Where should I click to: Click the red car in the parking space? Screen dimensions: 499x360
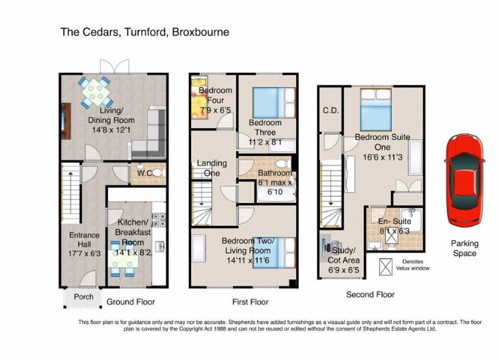(x=465, y=180)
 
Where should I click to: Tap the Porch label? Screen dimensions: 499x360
(x=84, y=297)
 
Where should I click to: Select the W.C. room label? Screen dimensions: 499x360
(x=146, y=173)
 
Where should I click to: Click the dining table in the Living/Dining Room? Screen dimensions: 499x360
(x=96, y=92)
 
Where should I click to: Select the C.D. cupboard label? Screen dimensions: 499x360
(x=330, y=111)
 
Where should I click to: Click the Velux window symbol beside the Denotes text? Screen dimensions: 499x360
(x=386, y=267)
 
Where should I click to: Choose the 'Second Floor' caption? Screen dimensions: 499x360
(x=370, y=295)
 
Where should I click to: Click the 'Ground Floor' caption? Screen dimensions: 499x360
(x=131, y=302)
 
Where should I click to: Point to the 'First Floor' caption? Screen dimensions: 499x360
(x=250, y=302)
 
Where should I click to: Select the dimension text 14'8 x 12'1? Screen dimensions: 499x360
(x=111, y=130)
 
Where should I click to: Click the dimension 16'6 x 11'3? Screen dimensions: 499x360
(x=383, y=157)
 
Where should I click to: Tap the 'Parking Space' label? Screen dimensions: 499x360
(x=465, y=248)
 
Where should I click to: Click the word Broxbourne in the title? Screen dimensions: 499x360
(x=200, y=32)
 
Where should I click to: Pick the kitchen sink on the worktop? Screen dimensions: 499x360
(x=160, y=246)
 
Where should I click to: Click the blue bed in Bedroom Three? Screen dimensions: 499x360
(x=274, y=103)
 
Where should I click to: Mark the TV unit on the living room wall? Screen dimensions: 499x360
(x=66, y=121)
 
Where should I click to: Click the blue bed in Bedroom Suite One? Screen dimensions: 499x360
(x=376, y=109)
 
